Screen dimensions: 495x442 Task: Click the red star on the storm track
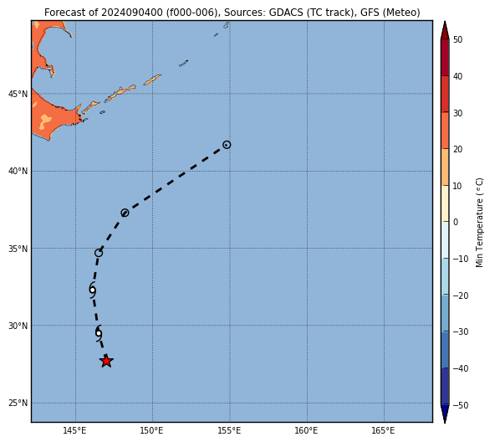106,361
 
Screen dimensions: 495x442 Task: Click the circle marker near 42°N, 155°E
227,145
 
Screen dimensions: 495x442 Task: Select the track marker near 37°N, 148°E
125,213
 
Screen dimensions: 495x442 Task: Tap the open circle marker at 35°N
99,253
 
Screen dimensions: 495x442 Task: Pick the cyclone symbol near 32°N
92,290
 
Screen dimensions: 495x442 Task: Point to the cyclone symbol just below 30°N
99,333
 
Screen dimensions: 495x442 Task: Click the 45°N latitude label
18,95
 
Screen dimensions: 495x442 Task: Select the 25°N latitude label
18,403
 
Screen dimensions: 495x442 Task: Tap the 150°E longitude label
152,430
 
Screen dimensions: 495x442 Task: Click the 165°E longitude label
384,430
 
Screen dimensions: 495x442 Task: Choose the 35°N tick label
18,249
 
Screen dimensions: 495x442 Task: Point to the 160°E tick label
307,430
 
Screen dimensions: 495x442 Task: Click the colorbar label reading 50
457,39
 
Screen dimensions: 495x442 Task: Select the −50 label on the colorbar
461,405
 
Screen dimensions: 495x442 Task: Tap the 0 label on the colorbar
456,222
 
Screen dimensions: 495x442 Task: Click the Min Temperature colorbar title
479,223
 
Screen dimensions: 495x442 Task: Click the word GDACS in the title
288,13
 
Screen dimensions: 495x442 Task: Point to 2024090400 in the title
131,13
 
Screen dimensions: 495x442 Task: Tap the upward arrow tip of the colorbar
445,22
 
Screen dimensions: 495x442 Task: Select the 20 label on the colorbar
457,149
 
